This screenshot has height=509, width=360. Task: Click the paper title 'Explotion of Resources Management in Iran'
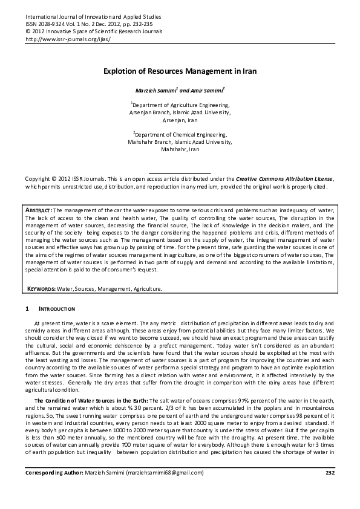(x=180, y=71)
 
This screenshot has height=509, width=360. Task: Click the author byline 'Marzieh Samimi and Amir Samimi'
(x=180, y=90)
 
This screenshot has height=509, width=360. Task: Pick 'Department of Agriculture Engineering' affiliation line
(x=180, y=105)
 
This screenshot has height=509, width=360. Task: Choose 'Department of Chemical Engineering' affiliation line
(x=180, y=134)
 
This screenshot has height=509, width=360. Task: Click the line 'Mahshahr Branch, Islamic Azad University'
(x=180, y=141)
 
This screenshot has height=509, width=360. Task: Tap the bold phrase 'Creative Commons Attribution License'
(x=284, y=180)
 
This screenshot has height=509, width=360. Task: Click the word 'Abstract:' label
(x=39, y=209)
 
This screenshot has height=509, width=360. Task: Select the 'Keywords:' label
(x=42, y=290)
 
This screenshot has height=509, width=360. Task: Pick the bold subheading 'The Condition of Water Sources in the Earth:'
(x=91, y=401)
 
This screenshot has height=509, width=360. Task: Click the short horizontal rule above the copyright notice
(x=180, y=173)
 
